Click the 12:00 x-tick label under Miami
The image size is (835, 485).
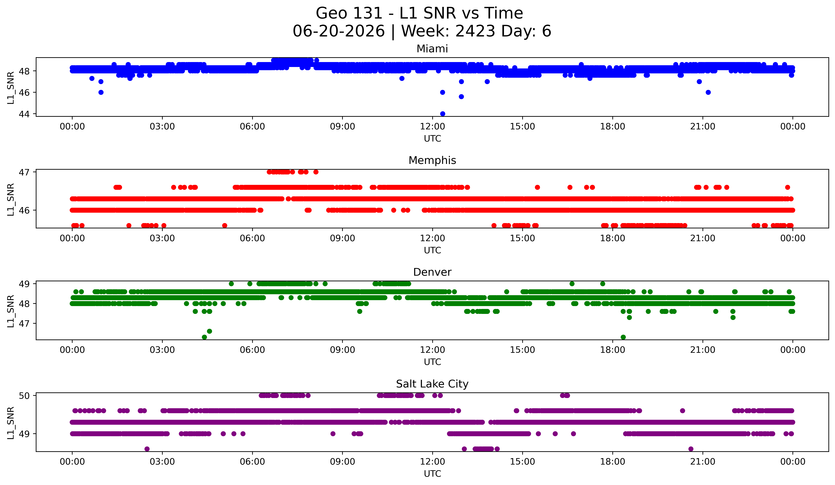point(432,127)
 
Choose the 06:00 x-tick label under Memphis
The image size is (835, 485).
point(252,238)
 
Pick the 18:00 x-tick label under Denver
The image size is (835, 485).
point(613,350)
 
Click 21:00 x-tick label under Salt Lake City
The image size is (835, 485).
point(703,462)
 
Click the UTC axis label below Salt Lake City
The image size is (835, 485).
point(432,474)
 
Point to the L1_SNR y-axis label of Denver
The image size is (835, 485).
point(11,311)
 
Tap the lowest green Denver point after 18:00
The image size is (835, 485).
point(623,337)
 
